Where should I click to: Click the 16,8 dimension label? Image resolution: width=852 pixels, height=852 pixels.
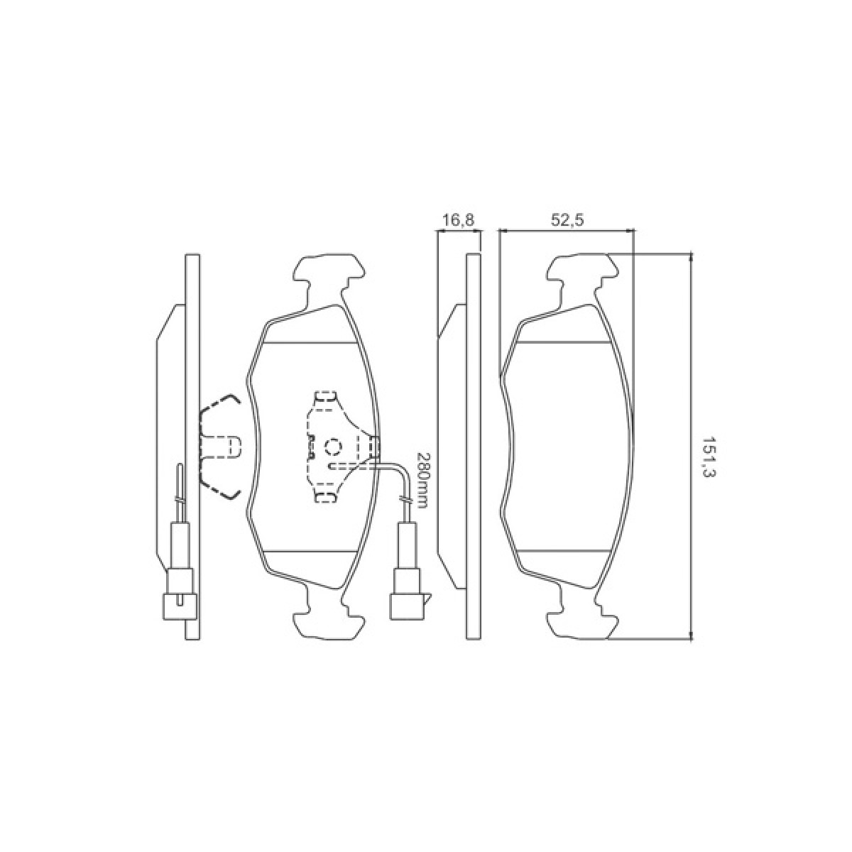pos(459,219)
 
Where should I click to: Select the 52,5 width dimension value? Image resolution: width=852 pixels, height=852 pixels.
pos(568,219)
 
